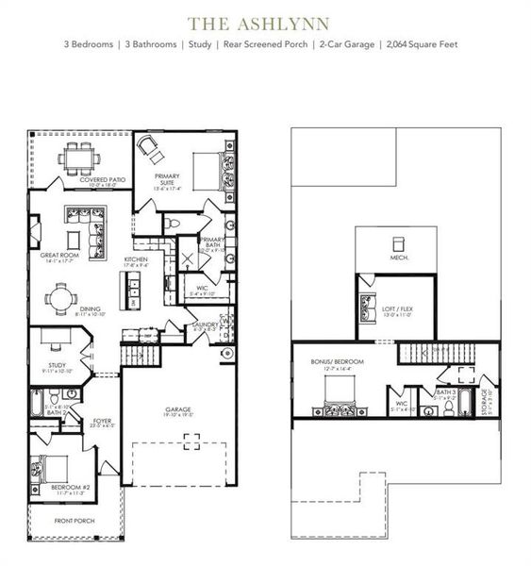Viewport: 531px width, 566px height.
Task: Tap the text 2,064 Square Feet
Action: tap(423, 44)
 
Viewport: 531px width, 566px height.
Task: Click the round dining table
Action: tap(62, 300)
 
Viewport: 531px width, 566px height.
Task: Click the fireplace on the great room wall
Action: tap(33, 232)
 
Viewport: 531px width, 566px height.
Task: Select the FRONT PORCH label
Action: tap(74, 520)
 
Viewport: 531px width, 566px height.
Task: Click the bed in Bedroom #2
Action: tap(47, 470)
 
